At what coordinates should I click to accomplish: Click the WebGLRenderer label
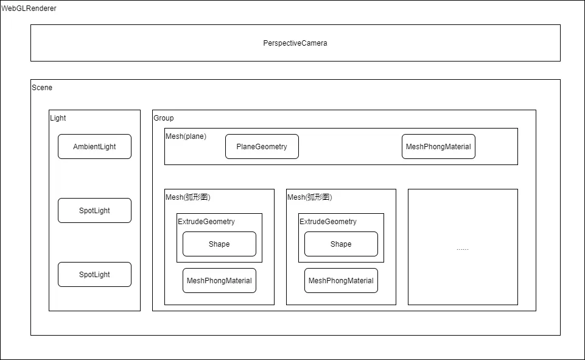coord(29,9)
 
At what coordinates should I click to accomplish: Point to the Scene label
coord(42,87)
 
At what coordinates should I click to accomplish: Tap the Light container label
coord(58,118)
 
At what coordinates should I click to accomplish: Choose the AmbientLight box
coord(94,146)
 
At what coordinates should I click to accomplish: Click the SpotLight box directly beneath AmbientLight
coord(94,210)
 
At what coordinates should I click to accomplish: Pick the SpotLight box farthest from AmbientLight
coord(94,275)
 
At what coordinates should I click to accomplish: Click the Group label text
coord(163,118)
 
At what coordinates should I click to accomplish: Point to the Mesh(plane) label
coord(186,136)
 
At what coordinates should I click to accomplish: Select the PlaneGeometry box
coord(262,146)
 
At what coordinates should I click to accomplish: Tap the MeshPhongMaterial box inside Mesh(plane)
coord(438,146)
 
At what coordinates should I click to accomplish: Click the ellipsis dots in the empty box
coord(463,249)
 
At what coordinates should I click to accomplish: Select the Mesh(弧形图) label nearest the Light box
coord(188,197)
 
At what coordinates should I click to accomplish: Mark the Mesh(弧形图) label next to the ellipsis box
coord(310,197)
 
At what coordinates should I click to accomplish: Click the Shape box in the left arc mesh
coord(219,244)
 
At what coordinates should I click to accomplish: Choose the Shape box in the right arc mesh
coord(341,244)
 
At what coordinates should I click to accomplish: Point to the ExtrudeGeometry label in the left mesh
coord(206,222)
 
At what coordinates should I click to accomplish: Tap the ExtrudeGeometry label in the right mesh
coord(328,222)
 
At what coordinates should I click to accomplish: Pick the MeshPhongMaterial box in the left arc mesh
coord(219,280)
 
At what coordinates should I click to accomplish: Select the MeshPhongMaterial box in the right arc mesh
coord(341,280)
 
